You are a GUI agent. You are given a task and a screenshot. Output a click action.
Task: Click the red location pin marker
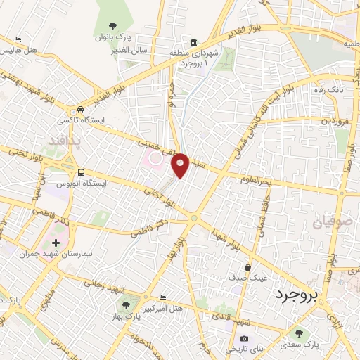point(181,165)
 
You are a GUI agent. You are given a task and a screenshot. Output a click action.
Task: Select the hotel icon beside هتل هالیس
point(18,39)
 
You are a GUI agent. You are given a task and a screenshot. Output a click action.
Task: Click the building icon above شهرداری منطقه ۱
point(193,41)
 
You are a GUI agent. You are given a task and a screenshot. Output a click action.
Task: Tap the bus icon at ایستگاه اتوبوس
point(82,172)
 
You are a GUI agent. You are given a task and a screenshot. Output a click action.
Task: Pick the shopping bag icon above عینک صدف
point(248,267)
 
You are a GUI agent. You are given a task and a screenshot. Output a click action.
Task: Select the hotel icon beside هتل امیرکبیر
point(163,298)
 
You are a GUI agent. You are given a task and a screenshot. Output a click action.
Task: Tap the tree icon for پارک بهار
point(126,305)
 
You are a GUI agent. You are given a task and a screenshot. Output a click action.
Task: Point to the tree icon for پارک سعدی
point(300,333)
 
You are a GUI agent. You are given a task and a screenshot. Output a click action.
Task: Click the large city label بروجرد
point(296,293)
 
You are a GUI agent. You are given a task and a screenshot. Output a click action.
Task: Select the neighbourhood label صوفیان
point(326,224)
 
